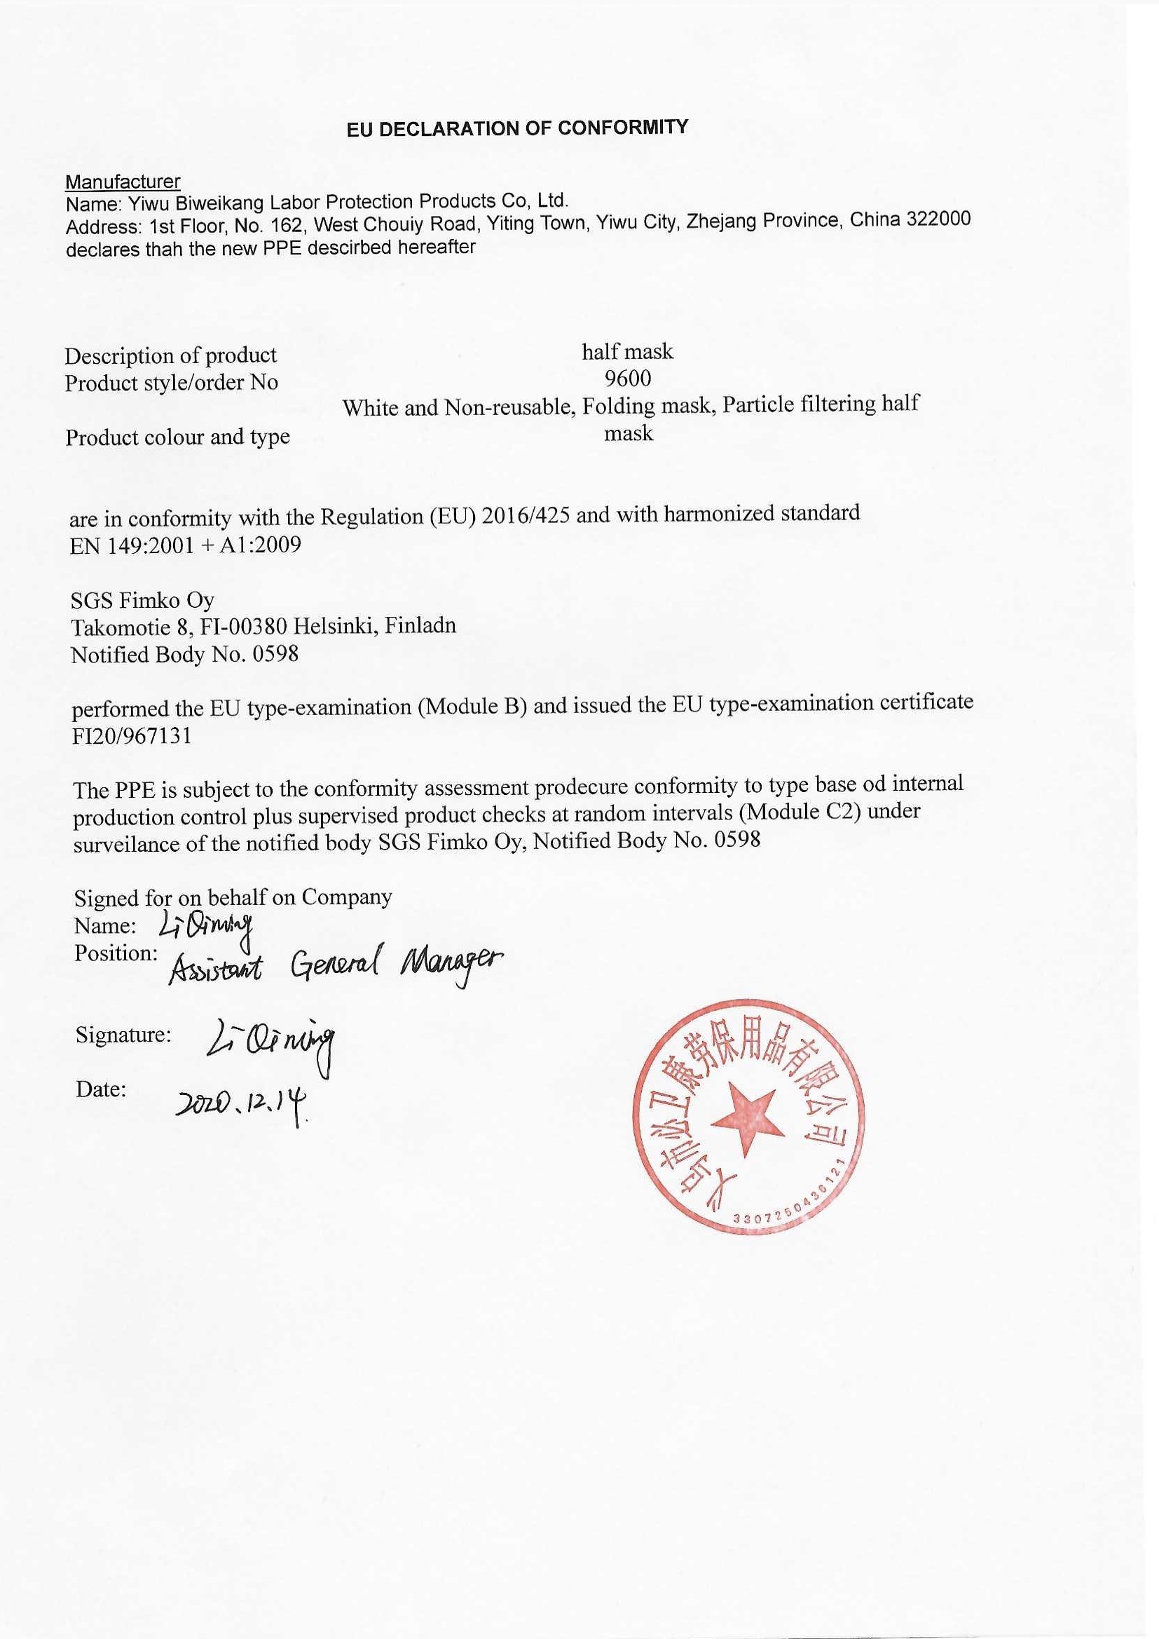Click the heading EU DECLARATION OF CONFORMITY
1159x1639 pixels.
tap(517, 128)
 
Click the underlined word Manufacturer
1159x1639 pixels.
tap(123, 182)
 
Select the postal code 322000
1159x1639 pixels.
tap(938, 219)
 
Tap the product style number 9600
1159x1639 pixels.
tap(627, 378)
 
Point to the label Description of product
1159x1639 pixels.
tap(170, 355)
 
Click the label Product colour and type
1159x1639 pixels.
tap(178, 436)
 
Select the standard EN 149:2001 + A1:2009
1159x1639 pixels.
tap(186, 545)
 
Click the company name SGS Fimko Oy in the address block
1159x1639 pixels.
tap(142, 599)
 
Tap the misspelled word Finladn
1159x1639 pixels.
tap(420, 625)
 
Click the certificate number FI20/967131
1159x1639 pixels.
tap(132, 736)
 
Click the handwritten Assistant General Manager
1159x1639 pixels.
tap(336, 967)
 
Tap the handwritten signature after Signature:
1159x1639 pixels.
tap(270, 1043)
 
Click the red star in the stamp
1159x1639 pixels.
tap(747, 1117)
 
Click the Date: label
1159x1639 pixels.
tap(102, 1089)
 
